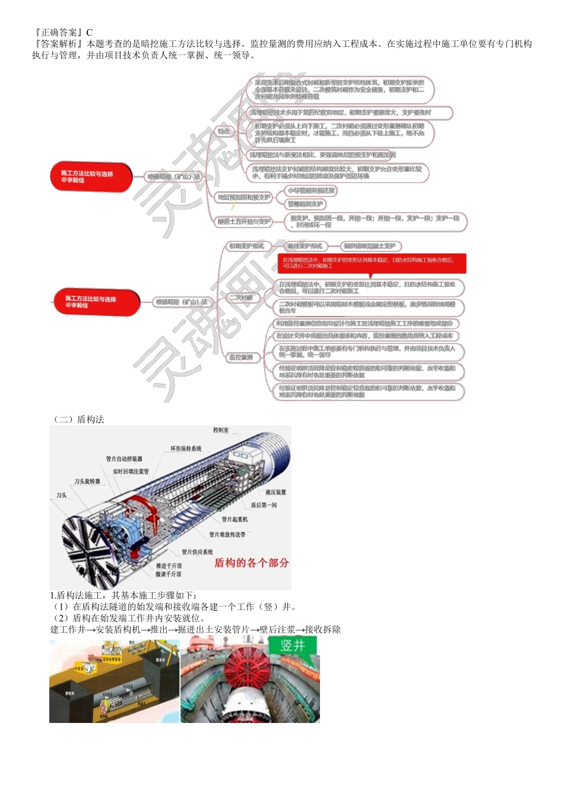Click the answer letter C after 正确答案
click(x=90, y=32)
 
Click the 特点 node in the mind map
click(x=223, y=131)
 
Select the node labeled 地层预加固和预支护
click(x=243, y=197)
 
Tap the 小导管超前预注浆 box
click(x=311, y=191)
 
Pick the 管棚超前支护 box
click(x=306, y=204)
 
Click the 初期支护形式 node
click(x=246, y=246)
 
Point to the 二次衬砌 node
click(x=241, y=298)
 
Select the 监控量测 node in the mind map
click(x=241, y=357)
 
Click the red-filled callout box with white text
click(x=372, y=263)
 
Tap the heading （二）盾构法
click(x=79, y=419)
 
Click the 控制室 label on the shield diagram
click(x=221, y=430)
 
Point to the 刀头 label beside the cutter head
click(x=62, y=495)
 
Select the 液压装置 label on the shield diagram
click(x=275, y=492)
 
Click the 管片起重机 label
click(x=235, y=519)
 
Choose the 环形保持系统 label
click(x=186, y=449)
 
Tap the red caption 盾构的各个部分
click(x=251, y=563)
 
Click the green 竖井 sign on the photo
click(x=293, y=646)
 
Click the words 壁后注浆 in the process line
click(x=277, y=630)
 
